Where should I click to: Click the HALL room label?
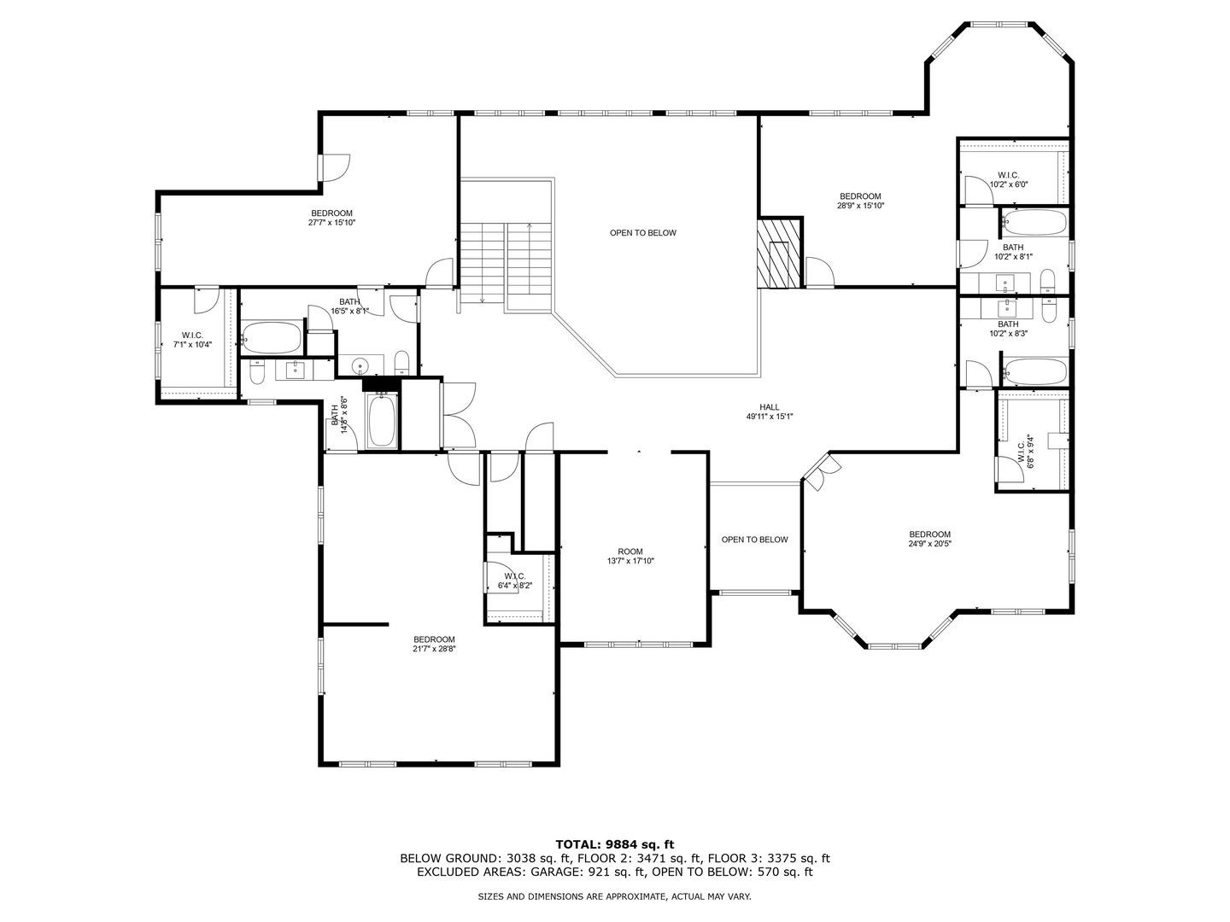coord(770,407)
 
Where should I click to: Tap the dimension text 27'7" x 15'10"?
coord(331,223)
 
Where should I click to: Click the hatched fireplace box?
coord(779,253)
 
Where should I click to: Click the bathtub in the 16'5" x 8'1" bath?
coord(272,338)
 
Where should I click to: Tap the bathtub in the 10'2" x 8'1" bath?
coord(1034,224)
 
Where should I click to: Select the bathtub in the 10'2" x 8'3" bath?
coord(1034,372)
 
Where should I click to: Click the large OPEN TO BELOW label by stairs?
coord(642,233)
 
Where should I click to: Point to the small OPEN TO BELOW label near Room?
coord(754,540)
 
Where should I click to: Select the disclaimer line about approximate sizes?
coord(614,896)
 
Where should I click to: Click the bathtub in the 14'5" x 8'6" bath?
coord(382,421)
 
